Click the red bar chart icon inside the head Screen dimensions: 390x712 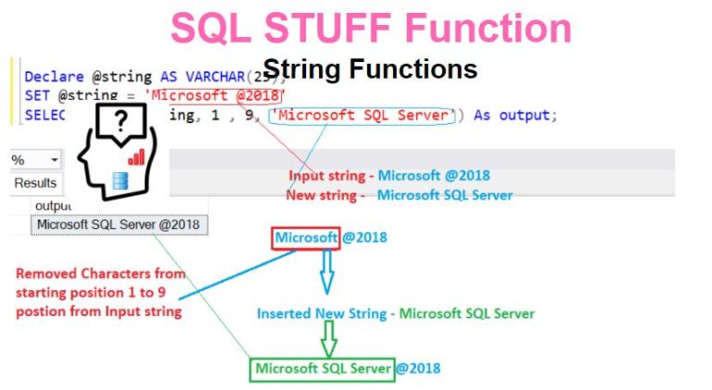click(137, 156)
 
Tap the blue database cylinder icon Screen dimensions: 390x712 click(120, 181)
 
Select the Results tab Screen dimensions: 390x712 click(35, 183)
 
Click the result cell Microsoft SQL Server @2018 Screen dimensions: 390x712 click(118, 225)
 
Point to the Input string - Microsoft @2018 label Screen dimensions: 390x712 click(389, 175)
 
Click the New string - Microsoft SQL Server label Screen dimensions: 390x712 click(400, 195)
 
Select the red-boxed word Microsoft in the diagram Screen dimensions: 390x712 click(306, 238)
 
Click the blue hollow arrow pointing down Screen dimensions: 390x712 click(325, 276)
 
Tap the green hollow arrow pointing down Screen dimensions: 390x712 click(326, 342)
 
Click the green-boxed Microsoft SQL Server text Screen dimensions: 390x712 click(323, 368)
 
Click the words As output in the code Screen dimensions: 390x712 click(512, 116)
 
